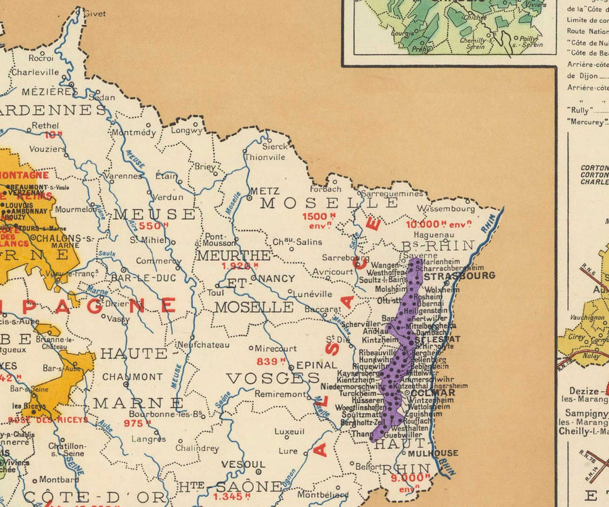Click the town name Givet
coord(95,14)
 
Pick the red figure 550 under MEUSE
coord(154,226)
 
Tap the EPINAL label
coord(316,365)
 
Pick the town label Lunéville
coord(313,294)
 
